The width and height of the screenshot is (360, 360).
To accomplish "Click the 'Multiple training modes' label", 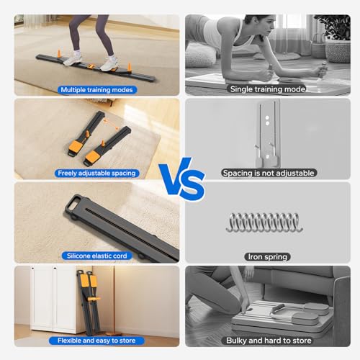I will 96,89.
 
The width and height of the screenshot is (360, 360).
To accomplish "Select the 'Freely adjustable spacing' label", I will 96,173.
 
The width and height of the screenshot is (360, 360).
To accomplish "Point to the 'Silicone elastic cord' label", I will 96,256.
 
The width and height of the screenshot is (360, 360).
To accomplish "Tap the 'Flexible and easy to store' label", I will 96,339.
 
